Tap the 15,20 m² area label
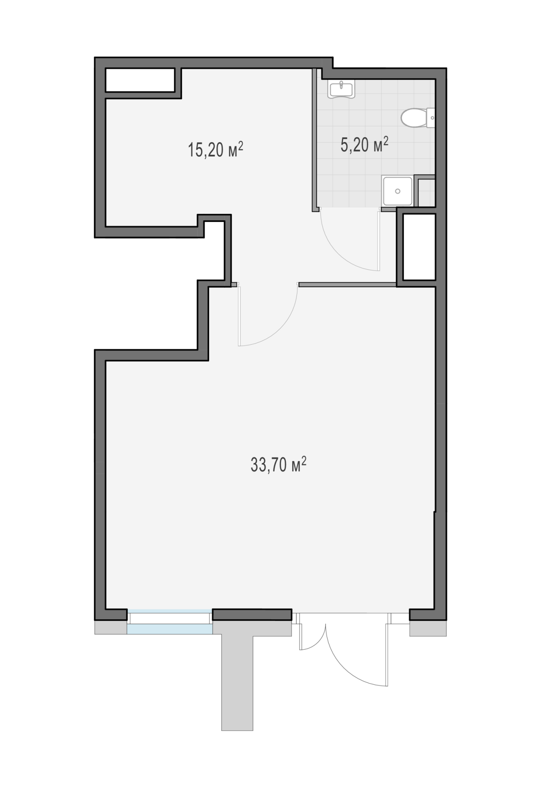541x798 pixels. pyautogui.click(x=215, y=150)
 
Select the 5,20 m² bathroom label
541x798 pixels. pyautogui.click(x=365, y=145)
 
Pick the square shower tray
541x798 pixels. pyautogui.click(x=397, y=191)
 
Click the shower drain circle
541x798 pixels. pyautogui.click(x=397, y=192)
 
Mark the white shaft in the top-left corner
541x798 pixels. pyautogui.click(x=140, y=80)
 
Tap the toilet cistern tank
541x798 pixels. pyautogui.click(x=430, y=118)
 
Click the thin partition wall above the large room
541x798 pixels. pyautogui.click(x=348, y=284)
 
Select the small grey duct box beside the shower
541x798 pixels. pyautogui.click(x=425, y=191)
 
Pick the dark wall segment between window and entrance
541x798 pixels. pyautogui.click(x=252, y=614)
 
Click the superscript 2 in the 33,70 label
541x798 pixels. pyautogui.click(x=304, y=460)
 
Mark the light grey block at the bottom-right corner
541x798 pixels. pyautogui.click(x=428, y=628)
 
